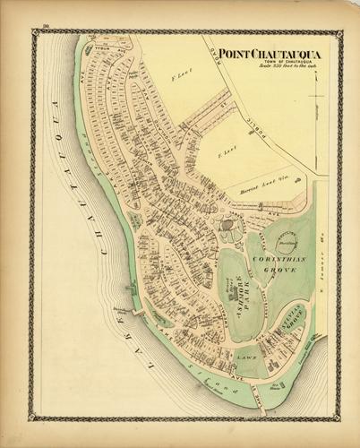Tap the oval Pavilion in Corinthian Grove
287,240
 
